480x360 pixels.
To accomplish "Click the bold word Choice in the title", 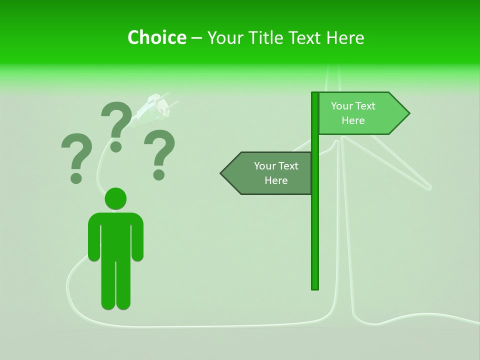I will point(156,37).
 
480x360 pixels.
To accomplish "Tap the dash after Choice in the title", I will point(196,38).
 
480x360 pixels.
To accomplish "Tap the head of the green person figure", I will point(115,198).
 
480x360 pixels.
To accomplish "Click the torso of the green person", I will point(115,235).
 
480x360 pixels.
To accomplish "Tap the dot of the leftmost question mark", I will point(76,178).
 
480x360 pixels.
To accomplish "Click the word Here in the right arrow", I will point(353,120).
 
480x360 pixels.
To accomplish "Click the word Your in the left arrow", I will point(264,166).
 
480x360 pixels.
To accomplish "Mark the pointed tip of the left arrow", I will point(222,173).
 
